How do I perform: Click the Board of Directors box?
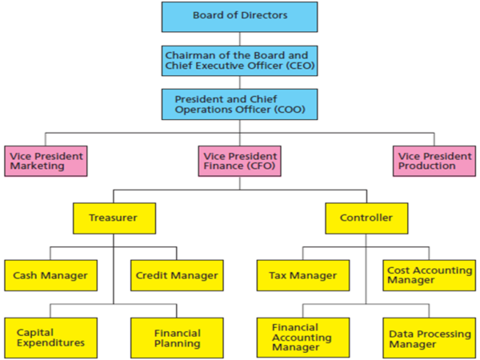pos(239,16)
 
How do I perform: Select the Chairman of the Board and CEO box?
pos(239,59)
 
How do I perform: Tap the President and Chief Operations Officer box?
pos(239,105)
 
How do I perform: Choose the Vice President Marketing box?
pos(45,161)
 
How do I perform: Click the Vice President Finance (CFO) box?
pos(239,161)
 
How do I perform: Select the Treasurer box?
pos(113,217)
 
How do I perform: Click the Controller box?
pos(366,217)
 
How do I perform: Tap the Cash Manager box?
pos(50,275)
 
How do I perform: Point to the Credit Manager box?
pos(177,275)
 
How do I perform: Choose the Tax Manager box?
pos(302,275)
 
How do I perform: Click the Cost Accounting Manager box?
pos(430,275)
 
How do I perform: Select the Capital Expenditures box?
pos(50,337)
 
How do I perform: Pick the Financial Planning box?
pos(177,337)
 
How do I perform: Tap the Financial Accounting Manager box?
pos(302,337)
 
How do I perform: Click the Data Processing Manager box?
pos(430,337)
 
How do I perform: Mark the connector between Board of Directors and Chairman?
pos(239,37)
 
